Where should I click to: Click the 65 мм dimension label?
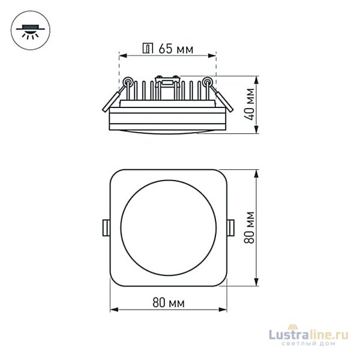coord(176,49)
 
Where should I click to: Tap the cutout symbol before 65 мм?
coord(148,49)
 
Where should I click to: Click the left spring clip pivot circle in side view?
coord(128,82)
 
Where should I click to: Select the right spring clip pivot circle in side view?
coord(206,82)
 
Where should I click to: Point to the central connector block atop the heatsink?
coord(167,80)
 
